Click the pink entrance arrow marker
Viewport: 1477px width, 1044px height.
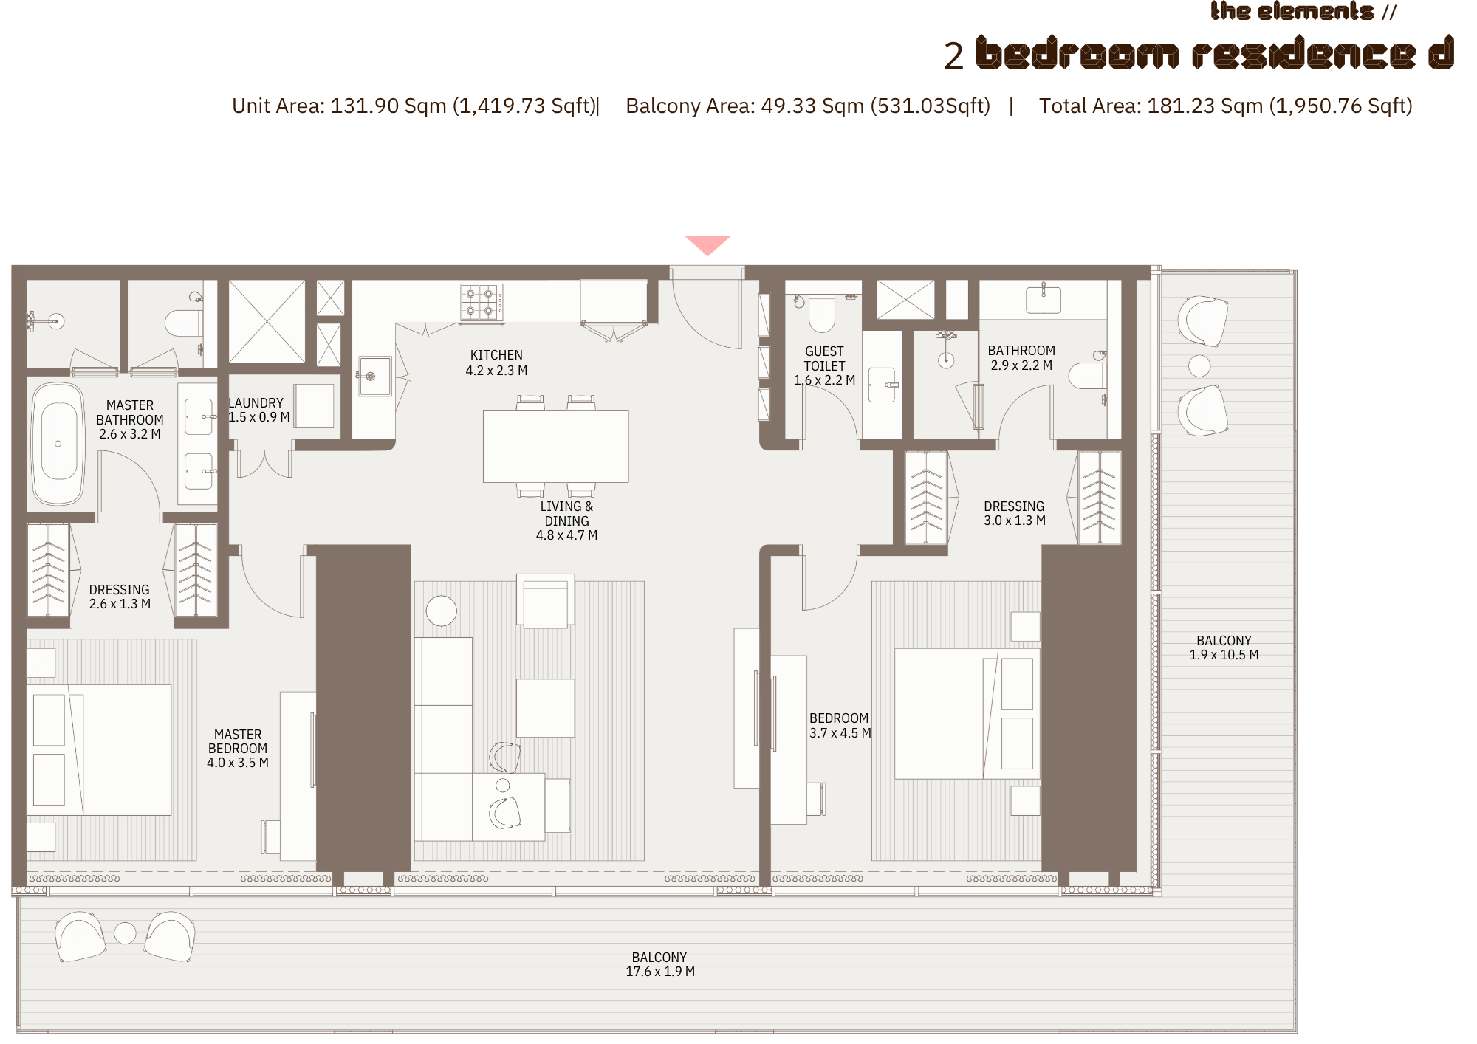[x=707, y=244]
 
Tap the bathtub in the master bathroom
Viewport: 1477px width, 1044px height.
[x=58, y=443]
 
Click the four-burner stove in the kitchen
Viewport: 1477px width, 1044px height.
[x=482, y=303]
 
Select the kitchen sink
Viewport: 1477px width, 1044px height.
[x=374, y=376]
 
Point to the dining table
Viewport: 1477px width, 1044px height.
[x=555, y=446]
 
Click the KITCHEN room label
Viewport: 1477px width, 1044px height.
[x=496, y=355]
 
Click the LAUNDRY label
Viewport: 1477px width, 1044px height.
[x=256, y=403]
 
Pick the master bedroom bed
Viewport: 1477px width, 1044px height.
[x=99, y=749]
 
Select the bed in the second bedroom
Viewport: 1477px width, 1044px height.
[x=967, y=713]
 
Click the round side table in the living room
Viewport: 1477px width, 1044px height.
[x=442, y=611]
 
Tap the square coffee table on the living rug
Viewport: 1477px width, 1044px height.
[x=546, y=708]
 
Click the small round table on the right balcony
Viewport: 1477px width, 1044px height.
[x=1199, y=365]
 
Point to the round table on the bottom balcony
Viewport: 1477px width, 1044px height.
[x=125, y=933]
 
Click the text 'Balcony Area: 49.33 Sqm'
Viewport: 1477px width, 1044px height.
[x=744, y=106]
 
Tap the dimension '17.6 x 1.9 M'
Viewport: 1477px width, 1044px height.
[x=660, y=972]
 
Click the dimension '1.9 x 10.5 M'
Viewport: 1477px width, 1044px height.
[x=1224, y=655]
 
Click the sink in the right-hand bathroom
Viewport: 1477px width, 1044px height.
[x=1044, y=300]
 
